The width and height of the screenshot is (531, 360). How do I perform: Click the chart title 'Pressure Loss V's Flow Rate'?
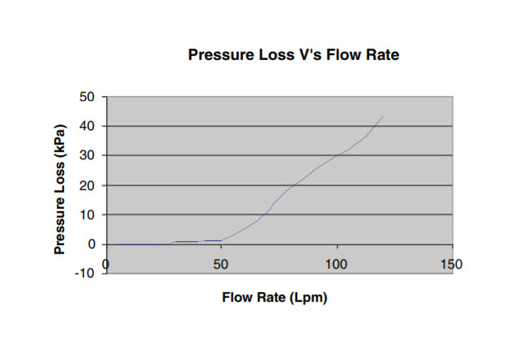point(295,56)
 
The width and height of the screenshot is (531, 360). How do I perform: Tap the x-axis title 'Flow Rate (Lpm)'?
point(274,297)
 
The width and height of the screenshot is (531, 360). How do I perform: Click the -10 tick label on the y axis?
point(85,273)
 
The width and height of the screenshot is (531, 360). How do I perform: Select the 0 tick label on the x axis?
point(106,265)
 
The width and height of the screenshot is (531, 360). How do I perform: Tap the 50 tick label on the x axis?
point(221,265)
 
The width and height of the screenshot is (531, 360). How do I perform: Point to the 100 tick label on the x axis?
point(336,265)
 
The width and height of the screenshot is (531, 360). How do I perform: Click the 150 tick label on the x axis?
point(451,265)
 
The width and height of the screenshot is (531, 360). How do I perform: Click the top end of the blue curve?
point(383,116)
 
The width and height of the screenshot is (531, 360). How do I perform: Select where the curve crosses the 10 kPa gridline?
point(265,214)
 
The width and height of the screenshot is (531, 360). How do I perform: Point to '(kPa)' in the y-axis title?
point(61,143)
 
